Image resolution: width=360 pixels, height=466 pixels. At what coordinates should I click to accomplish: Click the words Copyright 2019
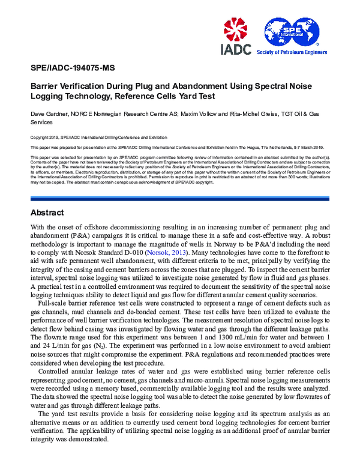coord(46,137)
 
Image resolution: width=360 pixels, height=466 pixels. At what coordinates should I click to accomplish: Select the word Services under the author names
coord(42,123)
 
